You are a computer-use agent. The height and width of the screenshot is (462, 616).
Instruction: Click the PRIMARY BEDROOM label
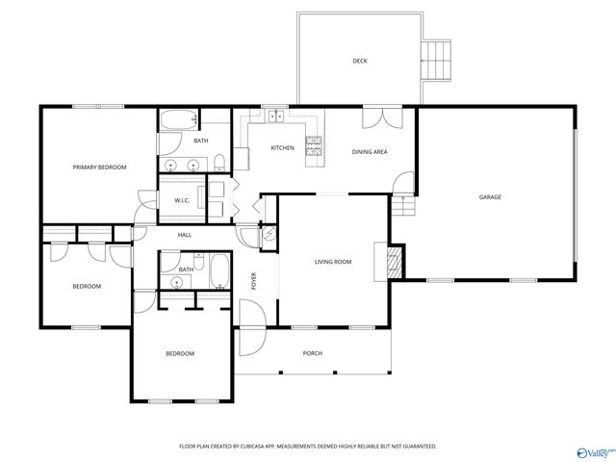click(x=100, y=167)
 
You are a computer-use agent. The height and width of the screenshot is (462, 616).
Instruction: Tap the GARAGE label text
click(x=490, y=197)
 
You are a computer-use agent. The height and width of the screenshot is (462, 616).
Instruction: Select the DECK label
click(x=359, y=62)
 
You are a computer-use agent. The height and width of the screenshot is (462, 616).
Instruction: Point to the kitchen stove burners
click(x=313, y=146)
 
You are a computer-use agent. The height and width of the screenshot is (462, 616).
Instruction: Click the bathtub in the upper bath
click(x=178, y=120)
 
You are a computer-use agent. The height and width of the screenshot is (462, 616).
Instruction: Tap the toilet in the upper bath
click(x=219, y=161)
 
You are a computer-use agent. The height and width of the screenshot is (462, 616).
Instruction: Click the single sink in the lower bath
click(x=178, y=281)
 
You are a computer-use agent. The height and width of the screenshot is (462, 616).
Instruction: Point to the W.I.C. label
click(x=181, y=200)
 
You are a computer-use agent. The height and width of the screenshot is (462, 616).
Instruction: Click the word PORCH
click(x=313, y=353)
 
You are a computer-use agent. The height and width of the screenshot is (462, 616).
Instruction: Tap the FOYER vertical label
click(x=255, y=280)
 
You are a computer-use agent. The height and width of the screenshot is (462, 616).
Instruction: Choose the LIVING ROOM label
click(x=333, y=262)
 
